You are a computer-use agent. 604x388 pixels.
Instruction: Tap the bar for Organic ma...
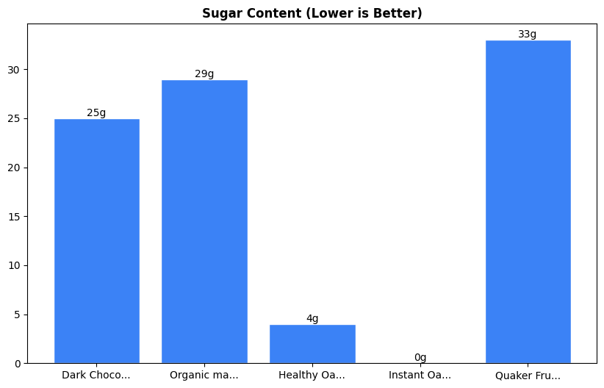[x=204, y=221]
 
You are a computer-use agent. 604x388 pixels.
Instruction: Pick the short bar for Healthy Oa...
[x=312, y=344]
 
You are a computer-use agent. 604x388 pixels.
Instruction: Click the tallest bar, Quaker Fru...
[x=528, y=202]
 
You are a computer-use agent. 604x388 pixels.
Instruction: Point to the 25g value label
[x=96, y=113]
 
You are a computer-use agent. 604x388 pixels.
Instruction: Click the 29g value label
[x=204, y=74]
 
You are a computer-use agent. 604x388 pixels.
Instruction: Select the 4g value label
[x=312, y=319]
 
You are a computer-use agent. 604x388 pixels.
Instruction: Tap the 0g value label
[x=420, y=358]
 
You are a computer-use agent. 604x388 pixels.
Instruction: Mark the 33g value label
[x=528, y=35]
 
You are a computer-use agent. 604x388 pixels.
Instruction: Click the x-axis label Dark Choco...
[x=96, y=376]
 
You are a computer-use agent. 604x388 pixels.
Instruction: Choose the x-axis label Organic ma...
[x=204, y=376]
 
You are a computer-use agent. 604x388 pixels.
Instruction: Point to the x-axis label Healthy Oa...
[x=312, y=376]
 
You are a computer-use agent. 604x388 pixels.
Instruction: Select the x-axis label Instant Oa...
[x=420, y=376]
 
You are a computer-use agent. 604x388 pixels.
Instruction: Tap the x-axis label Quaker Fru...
[x=528, y=376]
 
